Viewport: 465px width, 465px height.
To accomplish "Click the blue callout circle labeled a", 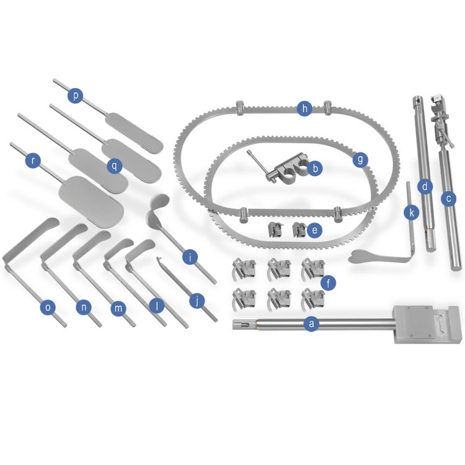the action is tap(311, 323).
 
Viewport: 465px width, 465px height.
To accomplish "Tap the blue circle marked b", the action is tap(315, 168).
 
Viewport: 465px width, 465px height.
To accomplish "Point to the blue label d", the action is tap(425, 187).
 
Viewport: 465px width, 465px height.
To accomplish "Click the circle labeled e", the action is tap(314, 230).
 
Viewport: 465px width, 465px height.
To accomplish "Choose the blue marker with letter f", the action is tap(328, 283).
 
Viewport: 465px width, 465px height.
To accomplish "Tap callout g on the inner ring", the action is tap(360, 159).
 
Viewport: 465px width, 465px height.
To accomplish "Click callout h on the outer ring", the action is tap(304, 108).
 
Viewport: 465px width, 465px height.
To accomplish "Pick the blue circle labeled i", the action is tap(190, 257).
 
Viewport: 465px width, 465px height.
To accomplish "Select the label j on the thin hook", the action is tap(197, 301).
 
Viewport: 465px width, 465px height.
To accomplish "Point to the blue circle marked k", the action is tap(412, 212).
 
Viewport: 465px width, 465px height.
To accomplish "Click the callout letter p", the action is tap(75, 95).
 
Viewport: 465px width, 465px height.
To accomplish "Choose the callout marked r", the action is tap(33, 161).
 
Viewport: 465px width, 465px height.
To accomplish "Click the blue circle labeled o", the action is tap(48, 308).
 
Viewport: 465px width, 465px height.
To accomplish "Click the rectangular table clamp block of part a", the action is tap(427, 324).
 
